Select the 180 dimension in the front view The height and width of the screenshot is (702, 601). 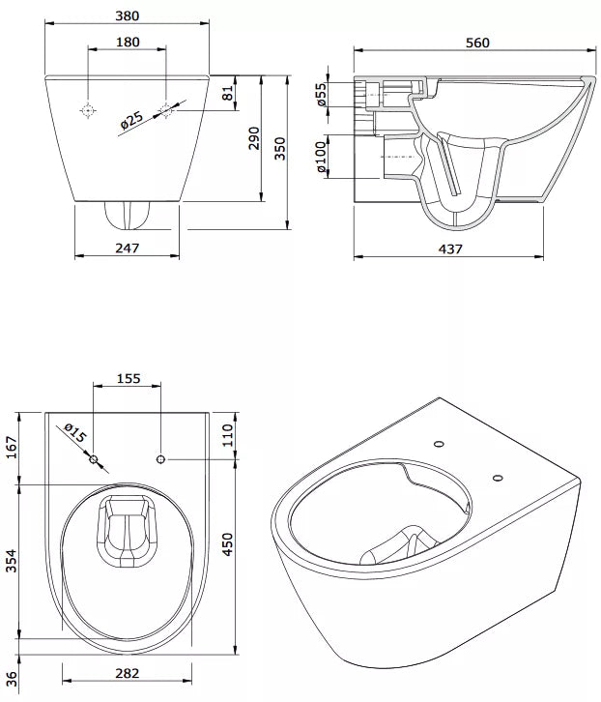coord(128,42)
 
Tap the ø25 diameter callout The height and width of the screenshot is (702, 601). coord(132,121)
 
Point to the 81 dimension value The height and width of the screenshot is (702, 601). coord(228,94)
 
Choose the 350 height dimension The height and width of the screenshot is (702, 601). coord(280,148)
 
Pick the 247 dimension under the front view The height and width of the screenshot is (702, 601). coord(128,248)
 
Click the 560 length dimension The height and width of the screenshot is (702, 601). coord(477,42)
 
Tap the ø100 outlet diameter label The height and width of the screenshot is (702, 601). coord(322,157)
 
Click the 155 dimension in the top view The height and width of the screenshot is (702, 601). coord(128,379)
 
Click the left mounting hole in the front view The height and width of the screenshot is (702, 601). coord(88,110)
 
